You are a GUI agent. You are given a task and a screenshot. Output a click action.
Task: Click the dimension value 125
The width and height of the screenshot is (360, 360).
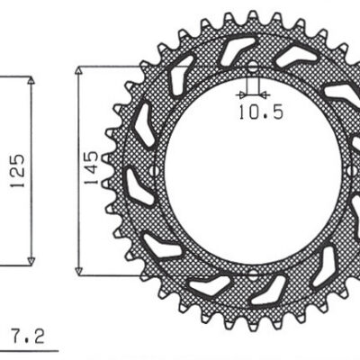[17, 171]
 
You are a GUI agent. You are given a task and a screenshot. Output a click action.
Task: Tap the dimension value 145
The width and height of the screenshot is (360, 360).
[91, 168]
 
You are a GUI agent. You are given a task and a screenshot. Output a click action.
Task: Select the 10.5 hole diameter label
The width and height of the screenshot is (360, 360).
[261, 112]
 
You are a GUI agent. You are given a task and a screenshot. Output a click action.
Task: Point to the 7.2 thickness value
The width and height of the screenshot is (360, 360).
[29, 337]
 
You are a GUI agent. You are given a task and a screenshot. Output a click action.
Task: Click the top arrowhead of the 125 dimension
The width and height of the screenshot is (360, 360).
[31, 80]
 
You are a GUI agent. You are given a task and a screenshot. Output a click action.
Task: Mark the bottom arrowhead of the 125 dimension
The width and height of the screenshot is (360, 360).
[31, 261]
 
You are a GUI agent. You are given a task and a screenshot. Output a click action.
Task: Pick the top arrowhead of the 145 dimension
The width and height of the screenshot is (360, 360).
[78, 70]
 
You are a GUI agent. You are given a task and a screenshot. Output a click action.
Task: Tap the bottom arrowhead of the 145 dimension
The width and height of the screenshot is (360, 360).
[78, 271]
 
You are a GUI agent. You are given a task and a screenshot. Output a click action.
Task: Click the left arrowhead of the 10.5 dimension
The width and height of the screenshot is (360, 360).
[241, 95]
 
